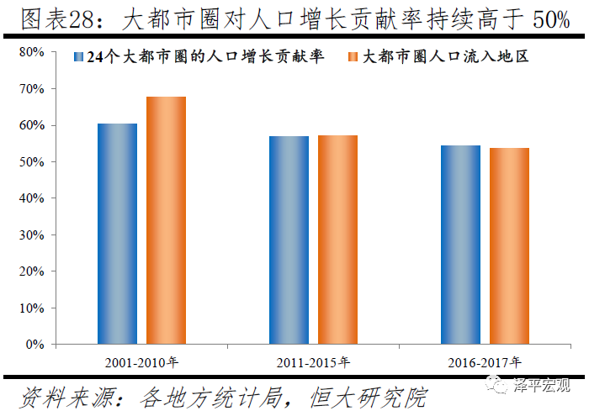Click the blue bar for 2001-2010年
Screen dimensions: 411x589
[117, 234]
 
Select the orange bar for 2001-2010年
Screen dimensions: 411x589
[166, 220]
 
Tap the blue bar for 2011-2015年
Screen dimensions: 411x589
[289, 240]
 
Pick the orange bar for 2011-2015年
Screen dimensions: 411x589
[337, 240]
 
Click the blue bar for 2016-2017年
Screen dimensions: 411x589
[460, 245]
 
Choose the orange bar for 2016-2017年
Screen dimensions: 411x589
[509, 245]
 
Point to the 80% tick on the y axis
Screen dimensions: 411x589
[32, 52]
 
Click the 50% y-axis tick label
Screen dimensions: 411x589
[32, 161]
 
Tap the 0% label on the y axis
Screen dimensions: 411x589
[35, 345]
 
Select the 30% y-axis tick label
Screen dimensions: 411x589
[32, 234]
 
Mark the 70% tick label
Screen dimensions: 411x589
[32, 88]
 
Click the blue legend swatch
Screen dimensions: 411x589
[78, 58]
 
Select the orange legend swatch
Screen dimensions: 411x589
[353, 58]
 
